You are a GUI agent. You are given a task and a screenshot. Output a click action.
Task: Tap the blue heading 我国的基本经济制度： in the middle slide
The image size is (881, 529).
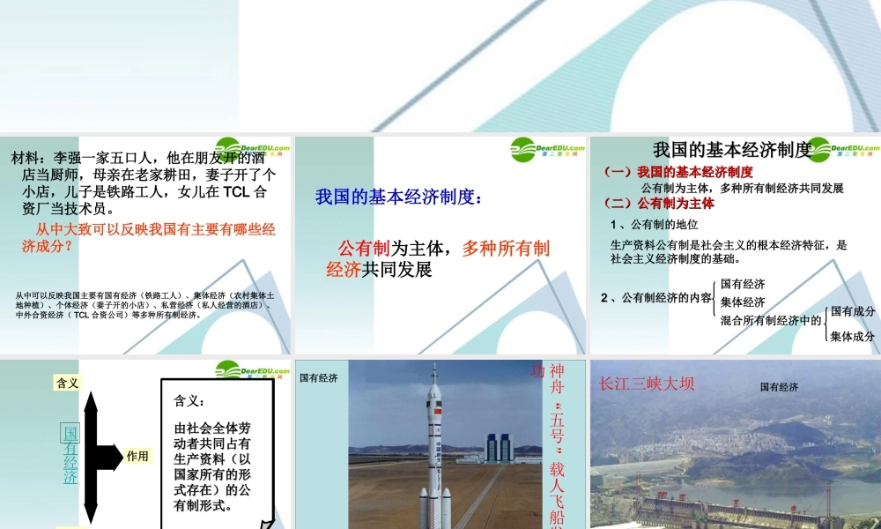coord(399,197)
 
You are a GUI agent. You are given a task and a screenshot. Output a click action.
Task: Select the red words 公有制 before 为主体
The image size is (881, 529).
coord(364,248)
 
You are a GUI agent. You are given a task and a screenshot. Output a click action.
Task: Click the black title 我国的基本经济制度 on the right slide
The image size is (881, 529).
coord(731,150)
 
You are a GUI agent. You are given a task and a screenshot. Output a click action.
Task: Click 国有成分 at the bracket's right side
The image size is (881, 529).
coord(853,311)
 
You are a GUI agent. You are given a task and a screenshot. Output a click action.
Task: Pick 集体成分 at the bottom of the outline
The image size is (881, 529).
coord(853,336)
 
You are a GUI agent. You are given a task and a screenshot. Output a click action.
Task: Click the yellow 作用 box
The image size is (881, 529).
coord(137,456)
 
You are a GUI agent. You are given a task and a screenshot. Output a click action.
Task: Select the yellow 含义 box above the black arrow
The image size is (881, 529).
coord(68,383)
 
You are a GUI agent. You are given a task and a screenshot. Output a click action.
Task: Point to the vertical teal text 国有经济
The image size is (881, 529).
coord(70,455)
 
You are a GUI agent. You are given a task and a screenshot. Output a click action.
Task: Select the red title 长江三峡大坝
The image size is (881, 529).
coord(647,384)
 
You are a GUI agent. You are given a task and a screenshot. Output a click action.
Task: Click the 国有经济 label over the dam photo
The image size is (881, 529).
coord(779,387)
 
